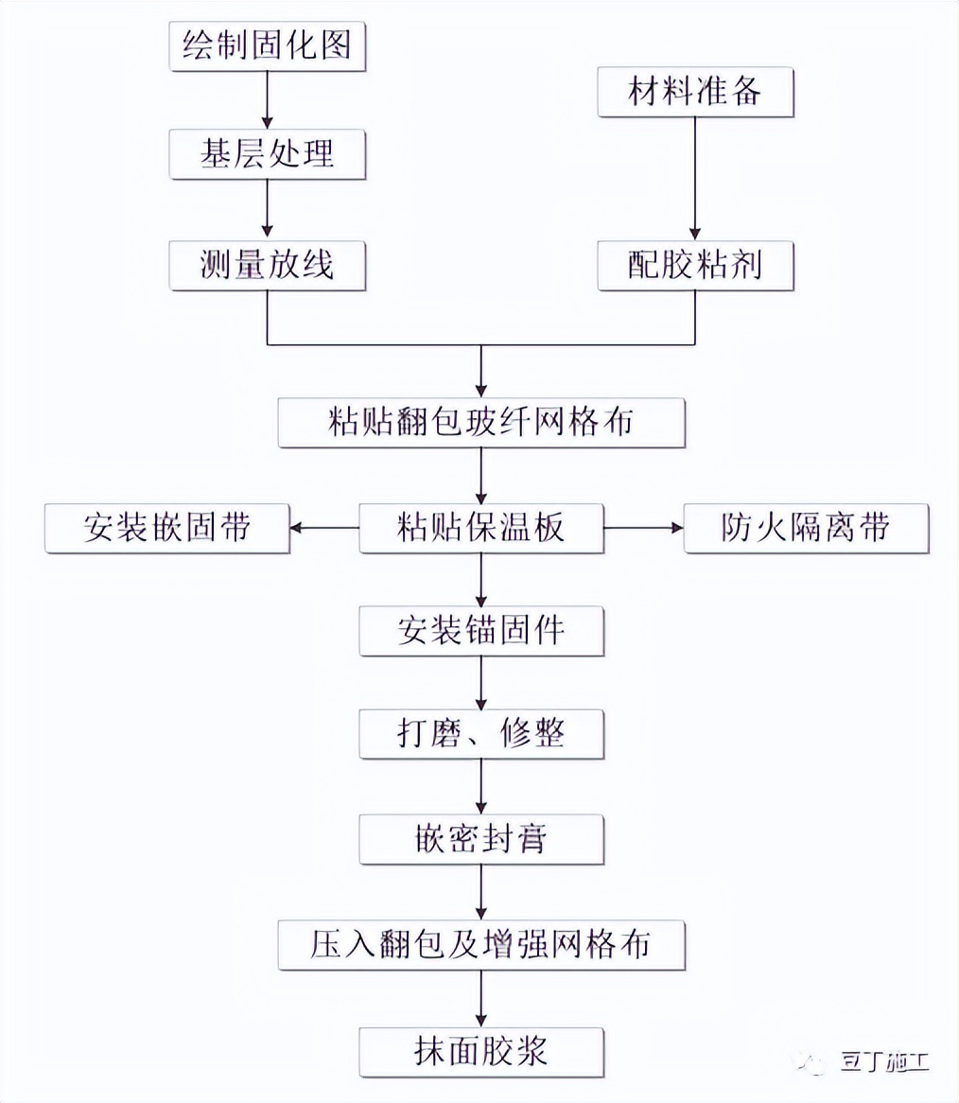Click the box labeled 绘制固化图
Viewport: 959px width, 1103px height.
point(268,45)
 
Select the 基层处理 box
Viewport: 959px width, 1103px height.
point(268,154)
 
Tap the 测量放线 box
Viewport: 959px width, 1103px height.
point(268,266)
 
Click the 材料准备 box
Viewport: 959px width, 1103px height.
point(695,93)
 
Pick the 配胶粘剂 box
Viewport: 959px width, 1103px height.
point(695,266)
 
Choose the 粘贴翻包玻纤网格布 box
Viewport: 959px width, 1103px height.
point(481,422)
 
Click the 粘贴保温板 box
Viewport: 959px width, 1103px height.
point(481,527)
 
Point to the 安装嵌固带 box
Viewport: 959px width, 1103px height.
point(166,527)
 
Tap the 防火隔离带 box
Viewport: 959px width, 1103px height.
point(807,527)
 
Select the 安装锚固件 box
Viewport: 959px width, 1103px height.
point(481,631)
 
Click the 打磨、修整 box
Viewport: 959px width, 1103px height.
point(481,734)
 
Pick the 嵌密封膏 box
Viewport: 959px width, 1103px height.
point(481,839)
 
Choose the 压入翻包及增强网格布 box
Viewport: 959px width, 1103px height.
point(481,944)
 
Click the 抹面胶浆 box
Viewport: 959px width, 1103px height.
point(481,1050)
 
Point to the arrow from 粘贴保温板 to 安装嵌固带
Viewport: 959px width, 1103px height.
point(324,528)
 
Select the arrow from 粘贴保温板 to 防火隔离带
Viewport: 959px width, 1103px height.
point(643,528)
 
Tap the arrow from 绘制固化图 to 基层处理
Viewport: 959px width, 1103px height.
point(268,99)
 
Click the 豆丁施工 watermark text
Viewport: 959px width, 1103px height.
point(885,1061)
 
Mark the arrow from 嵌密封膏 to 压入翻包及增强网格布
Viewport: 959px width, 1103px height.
point(481,891)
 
